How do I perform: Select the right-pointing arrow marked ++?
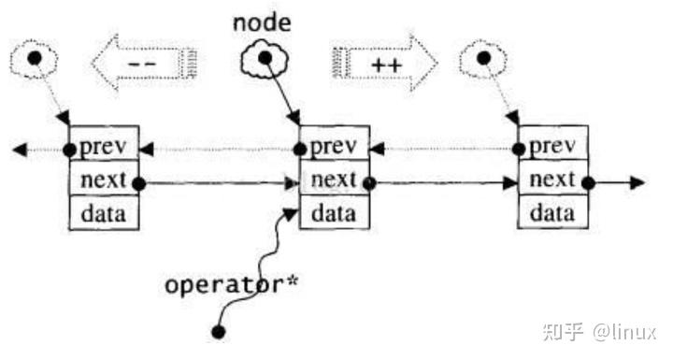[384, 63]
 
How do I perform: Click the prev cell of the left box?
[104, 149]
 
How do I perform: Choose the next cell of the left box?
[104, 181]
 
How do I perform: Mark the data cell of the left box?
[104, 213]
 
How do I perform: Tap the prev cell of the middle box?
[333, 149]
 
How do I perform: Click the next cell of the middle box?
[333, 180]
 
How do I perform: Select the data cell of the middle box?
[333, 213]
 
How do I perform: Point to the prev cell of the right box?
[553, 149]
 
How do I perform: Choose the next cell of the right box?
[553, 180]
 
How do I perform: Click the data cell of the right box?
[553, 213]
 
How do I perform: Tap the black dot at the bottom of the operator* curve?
[219, 331]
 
